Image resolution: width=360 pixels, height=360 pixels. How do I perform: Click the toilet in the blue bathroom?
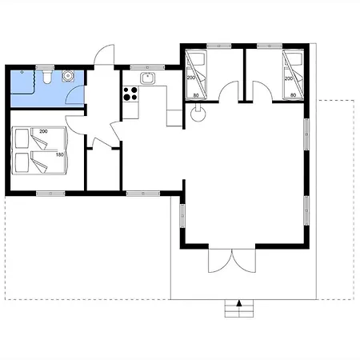[47, 77]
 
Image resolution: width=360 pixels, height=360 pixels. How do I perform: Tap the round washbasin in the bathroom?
[68, 76]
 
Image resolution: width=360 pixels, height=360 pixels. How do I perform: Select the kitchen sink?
[147, 78]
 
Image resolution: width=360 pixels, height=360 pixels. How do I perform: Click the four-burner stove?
[130, 94]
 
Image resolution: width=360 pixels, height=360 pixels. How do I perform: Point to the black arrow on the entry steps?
[239, 303]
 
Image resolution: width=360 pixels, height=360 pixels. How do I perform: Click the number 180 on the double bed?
[60, 154]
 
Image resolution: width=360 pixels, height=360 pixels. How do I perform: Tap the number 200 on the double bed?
[43, 131]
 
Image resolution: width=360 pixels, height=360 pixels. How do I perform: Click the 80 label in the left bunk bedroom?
[196, 95]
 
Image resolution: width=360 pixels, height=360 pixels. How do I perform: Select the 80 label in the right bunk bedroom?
[293, 95]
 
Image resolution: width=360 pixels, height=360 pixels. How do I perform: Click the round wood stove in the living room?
[198, 114]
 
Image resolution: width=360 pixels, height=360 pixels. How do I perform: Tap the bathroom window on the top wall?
[45, 67]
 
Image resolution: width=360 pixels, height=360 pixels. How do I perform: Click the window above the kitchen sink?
[147, 67]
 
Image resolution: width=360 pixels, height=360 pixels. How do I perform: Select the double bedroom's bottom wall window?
[50, 194]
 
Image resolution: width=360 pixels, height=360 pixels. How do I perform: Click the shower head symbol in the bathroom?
[22, 72]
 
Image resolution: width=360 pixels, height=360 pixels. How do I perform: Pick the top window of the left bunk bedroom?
[219, 46]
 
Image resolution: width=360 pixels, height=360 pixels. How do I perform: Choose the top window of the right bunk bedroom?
[270, 46]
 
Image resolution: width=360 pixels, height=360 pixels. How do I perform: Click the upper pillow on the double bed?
[22, 138]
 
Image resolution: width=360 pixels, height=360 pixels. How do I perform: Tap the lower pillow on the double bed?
[22, 162]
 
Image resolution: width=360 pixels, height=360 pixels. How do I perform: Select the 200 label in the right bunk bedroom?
[289, 78]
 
